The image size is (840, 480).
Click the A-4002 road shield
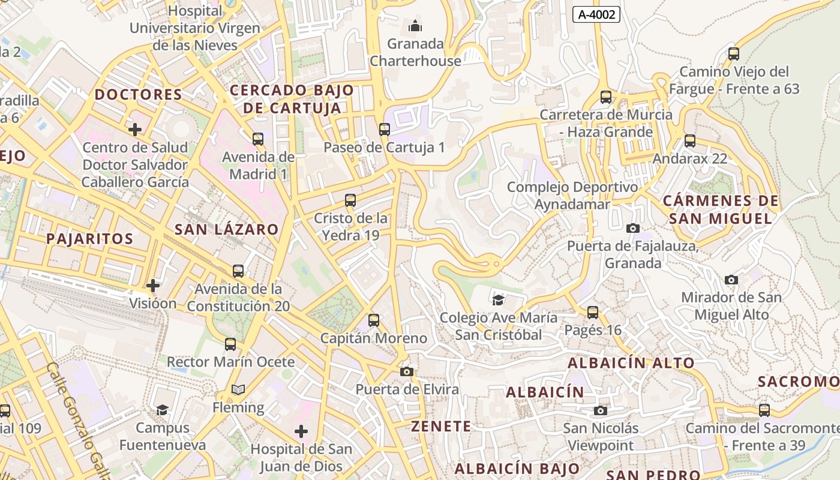click(596, 14)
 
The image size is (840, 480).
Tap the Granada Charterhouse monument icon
click(415, 26)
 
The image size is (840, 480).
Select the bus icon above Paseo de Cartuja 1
click(384, 129)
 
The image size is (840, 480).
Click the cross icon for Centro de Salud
click(135, 129)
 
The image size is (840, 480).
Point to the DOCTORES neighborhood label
click(139, 94)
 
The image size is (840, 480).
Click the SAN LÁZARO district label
click(227, 229)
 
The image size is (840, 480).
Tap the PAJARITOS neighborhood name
click(90, 238)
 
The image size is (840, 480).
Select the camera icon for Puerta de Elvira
click(407, 371)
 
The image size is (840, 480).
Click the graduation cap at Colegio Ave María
click(498, 299)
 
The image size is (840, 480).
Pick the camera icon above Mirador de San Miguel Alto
click(731, 280)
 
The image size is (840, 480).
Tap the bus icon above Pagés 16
click(593, 312)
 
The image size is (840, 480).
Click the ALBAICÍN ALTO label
click(631, 362)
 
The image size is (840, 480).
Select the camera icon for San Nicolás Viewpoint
click(600, 410)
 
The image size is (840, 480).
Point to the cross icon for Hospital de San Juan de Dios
click(301, 431)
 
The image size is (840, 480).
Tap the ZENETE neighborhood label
click(441, 426)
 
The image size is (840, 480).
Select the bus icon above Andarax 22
click(690, 141)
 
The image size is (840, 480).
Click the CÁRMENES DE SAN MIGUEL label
click(721, 209)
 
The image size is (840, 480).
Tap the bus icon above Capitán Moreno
click(374, 320)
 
